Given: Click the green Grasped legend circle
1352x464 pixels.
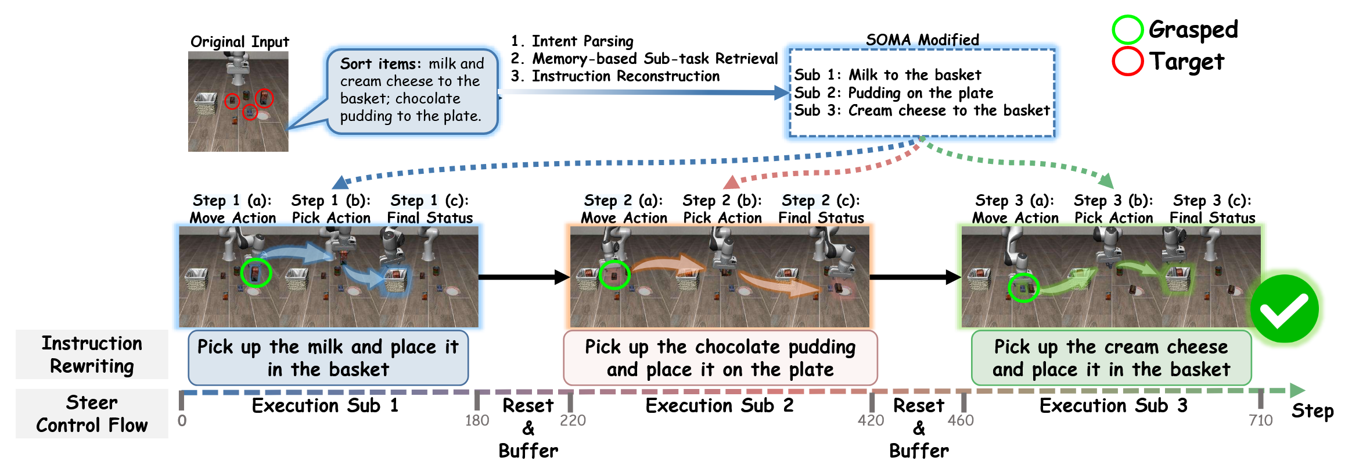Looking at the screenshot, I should tap(1127, 30).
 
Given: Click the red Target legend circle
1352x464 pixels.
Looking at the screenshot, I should tap(1127, 61).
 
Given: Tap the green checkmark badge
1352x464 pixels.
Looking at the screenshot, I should tap(1284, 309).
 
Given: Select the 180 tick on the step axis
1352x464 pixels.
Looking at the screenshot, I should tap(477, 420).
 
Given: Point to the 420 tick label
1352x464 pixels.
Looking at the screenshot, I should tap(871, 420).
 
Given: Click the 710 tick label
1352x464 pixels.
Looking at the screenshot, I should tap(1260, 420).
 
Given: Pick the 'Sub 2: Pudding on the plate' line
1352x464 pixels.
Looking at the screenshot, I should tap(893, 93).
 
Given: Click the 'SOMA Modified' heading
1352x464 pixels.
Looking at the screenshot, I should tap(922, 40).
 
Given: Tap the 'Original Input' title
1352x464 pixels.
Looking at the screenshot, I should tap(239, 42).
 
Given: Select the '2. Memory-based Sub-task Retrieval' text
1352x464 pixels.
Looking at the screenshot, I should tap(643, 59).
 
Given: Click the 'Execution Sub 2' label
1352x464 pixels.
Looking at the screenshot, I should tap(719, 405).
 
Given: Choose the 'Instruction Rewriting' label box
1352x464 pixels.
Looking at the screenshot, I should tap(92, 355).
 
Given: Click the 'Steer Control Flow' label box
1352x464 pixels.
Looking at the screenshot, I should tap(92, 413).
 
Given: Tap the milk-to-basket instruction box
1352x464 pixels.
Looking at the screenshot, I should tap(328, 358).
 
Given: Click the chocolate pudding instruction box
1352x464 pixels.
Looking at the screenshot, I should tap(720, 358).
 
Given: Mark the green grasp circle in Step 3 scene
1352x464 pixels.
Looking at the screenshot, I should tap(1023, 287).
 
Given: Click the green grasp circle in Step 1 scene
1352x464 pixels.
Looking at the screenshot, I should tap(256, 272).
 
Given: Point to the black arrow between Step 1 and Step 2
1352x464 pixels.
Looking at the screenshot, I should tap(523, 277).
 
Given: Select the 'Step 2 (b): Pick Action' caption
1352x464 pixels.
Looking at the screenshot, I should tap(722, 209).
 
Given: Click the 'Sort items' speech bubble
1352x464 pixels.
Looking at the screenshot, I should tap(411, 91).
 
